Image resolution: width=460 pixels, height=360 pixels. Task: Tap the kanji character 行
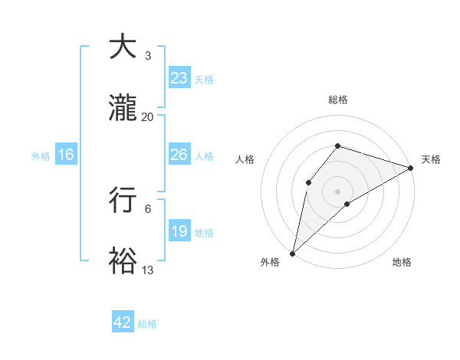point(124,199)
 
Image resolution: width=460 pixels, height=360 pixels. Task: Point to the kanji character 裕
point(124,260)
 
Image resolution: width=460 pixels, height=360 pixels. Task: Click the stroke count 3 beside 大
point(147,56)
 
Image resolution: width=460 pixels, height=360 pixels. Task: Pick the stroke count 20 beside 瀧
point(147,117)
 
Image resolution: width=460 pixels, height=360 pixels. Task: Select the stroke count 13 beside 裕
point(147,270)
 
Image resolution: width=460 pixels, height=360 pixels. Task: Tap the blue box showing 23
point(179,78)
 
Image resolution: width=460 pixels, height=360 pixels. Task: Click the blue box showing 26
point(179,155)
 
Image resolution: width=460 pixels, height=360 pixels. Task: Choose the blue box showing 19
point(179,231)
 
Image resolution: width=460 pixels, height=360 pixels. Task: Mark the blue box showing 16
point(66,155)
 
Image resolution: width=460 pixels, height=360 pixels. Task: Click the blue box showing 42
point(123,322)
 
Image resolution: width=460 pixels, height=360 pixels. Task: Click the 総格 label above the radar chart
point(338,100)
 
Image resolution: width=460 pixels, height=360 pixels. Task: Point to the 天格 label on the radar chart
point(431,159)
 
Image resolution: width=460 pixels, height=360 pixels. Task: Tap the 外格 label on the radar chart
point(270,263)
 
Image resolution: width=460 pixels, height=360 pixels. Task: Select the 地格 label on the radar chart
point(402,263)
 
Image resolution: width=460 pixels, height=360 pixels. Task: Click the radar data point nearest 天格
point(411,168)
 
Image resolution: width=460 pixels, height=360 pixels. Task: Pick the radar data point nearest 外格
point(292,253)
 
